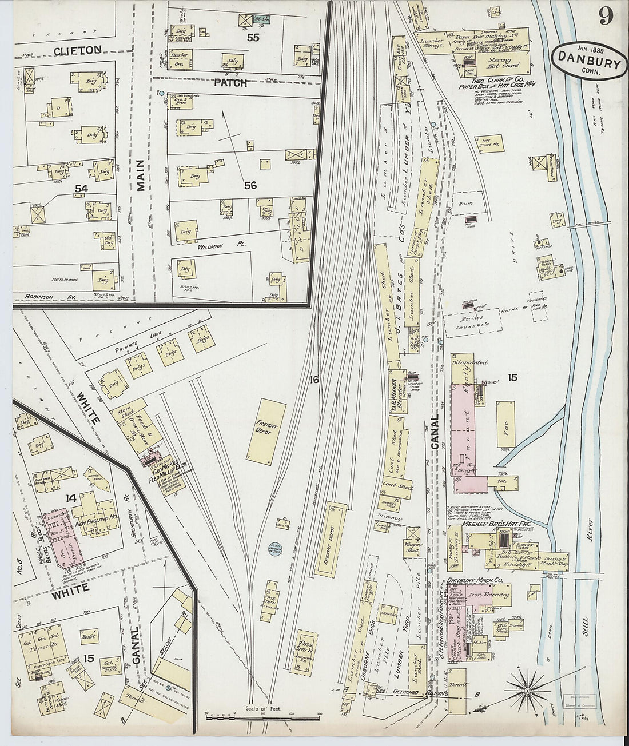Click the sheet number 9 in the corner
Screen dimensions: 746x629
click(x=607, y=15)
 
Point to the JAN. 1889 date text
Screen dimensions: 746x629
click(x=590, y=49)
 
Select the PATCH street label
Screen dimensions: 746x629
click(x=231, y=83)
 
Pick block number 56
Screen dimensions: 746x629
click(x=250, y=185)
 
